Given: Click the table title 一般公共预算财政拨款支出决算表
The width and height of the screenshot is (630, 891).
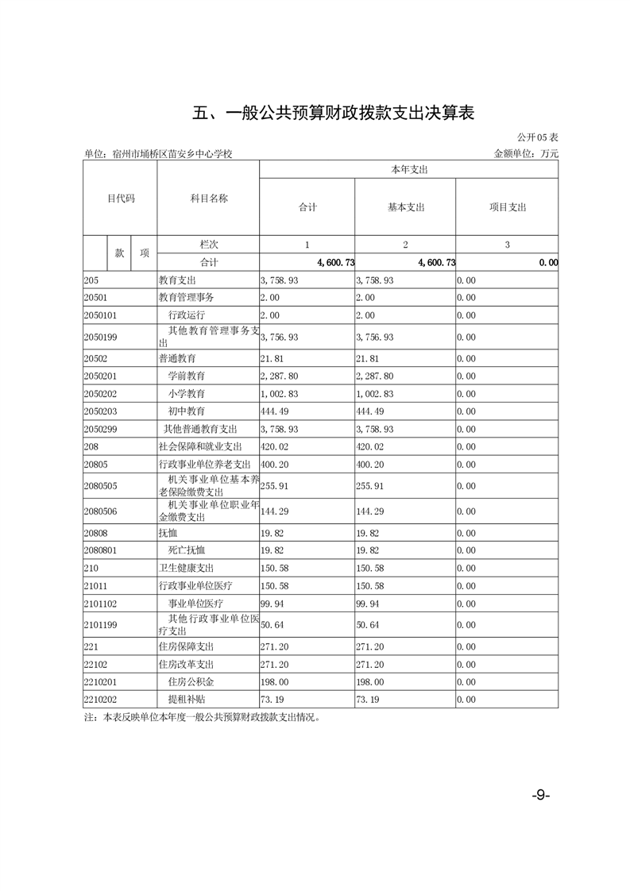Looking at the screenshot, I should [334, 114].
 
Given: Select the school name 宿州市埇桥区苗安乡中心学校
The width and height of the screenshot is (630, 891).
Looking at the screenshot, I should [172, 154].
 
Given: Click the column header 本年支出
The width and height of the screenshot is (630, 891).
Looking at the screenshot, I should [408, 170].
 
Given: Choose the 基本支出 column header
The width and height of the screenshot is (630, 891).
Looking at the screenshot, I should [405, 207].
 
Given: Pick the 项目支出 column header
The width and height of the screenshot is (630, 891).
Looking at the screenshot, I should [507, 207].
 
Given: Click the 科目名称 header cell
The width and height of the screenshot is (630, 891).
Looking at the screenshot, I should [208, 199].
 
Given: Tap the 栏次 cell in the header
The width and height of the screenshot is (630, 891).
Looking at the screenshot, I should [208, 245].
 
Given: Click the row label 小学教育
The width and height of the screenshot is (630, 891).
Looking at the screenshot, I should [187, 394].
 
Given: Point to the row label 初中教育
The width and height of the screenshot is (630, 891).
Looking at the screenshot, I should [187, 411].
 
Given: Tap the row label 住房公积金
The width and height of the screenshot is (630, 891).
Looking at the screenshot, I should [191, 681].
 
